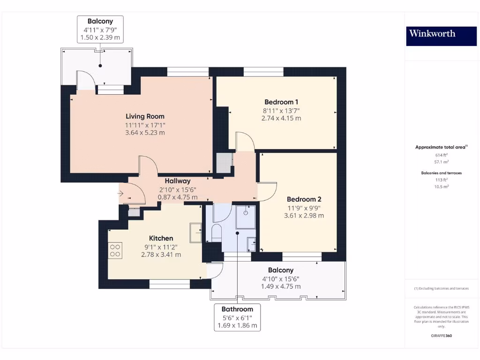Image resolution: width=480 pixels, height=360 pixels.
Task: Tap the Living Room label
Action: pos(145,116)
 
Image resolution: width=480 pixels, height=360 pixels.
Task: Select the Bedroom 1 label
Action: pos(281,102)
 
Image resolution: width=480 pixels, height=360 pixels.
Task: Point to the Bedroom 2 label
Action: pos(304,199)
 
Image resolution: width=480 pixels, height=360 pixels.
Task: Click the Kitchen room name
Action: pos(161,238)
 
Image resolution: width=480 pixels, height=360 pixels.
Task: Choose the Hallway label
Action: pos(177,181)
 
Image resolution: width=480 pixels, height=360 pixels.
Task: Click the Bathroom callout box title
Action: pos(237,309)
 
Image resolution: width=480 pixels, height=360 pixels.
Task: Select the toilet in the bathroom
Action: pos(216,233)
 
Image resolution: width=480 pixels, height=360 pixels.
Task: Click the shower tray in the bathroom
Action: pos(245,216)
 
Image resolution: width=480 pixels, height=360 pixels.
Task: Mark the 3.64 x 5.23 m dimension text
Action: pos(145,133)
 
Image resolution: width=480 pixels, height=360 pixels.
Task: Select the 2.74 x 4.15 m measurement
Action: pos(281,119)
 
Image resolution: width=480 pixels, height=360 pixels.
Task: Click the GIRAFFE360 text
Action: pos(441,336)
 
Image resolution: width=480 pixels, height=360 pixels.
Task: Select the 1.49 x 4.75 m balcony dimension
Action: pos(281,286)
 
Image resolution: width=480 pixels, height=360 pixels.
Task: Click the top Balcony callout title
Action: pos(100,21)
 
